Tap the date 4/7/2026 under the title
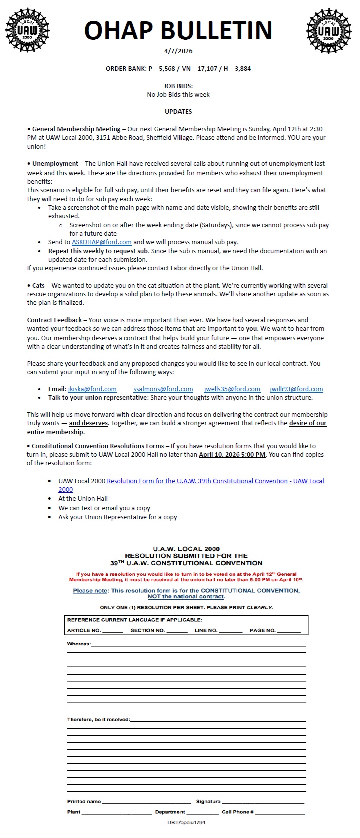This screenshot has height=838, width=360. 178,51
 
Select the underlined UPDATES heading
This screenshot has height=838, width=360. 178,111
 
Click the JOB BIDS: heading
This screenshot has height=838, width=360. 178,86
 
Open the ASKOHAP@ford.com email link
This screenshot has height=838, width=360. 101,242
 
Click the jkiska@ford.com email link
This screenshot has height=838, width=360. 92,389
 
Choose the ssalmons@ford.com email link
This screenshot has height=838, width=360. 163,389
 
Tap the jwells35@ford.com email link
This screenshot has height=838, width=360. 232,389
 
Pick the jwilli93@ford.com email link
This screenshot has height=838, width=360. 296,389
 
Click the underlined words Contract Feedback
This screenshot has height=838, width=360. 54,320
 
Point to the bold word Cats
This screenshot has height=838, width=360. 38,285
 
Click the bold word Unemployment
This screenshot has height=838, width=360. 55,163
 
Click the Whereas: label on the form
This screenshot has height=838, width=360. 79,644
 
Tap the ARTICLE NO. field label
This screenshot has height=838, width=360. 84,630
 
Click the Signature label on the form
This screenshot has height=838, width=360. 208,801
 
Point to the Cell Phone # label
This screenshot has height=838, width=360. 237,812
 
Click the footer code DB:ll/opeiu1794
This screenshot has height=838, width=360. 186,823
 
